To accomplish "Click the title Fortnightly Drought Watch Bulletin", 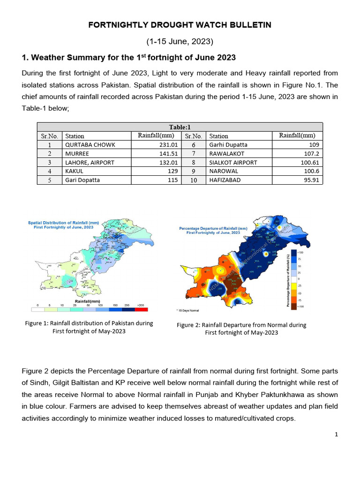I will coord(180,25).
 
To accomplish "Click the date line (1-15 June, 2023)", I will coord(180,42).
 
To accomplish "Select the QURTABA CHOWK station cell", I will coord(90,145).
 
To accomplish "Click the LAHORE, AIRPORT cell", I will coord(90,162).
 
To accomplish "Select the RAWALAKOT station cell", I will coord(227,153).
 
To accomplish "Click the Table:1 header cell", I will coord(180,127).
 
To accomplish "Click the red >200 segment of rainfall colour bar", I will coord(141,309).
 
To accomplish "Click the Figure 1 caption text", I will coord(89,327).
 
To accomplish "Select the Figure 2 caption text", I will coord(241,329).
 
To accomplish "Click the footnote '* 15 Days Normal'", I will coord(188,310).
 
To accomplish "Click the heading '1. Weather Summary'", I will coord(129,58).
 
